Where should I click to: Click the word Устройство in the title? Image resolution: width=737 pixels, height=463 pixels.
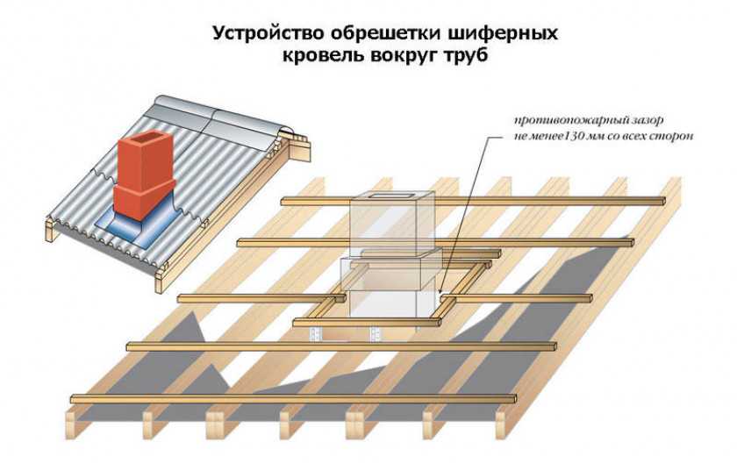[261, 34]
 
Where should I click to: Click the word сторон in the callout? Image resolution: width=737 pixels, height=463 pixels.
[673, 136]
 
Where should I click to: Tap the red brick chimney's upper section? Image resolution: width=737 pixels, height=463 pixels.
[142, 157]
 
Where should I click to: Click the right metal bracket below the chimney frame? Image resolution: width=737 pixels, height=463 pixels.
[376, 332]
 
